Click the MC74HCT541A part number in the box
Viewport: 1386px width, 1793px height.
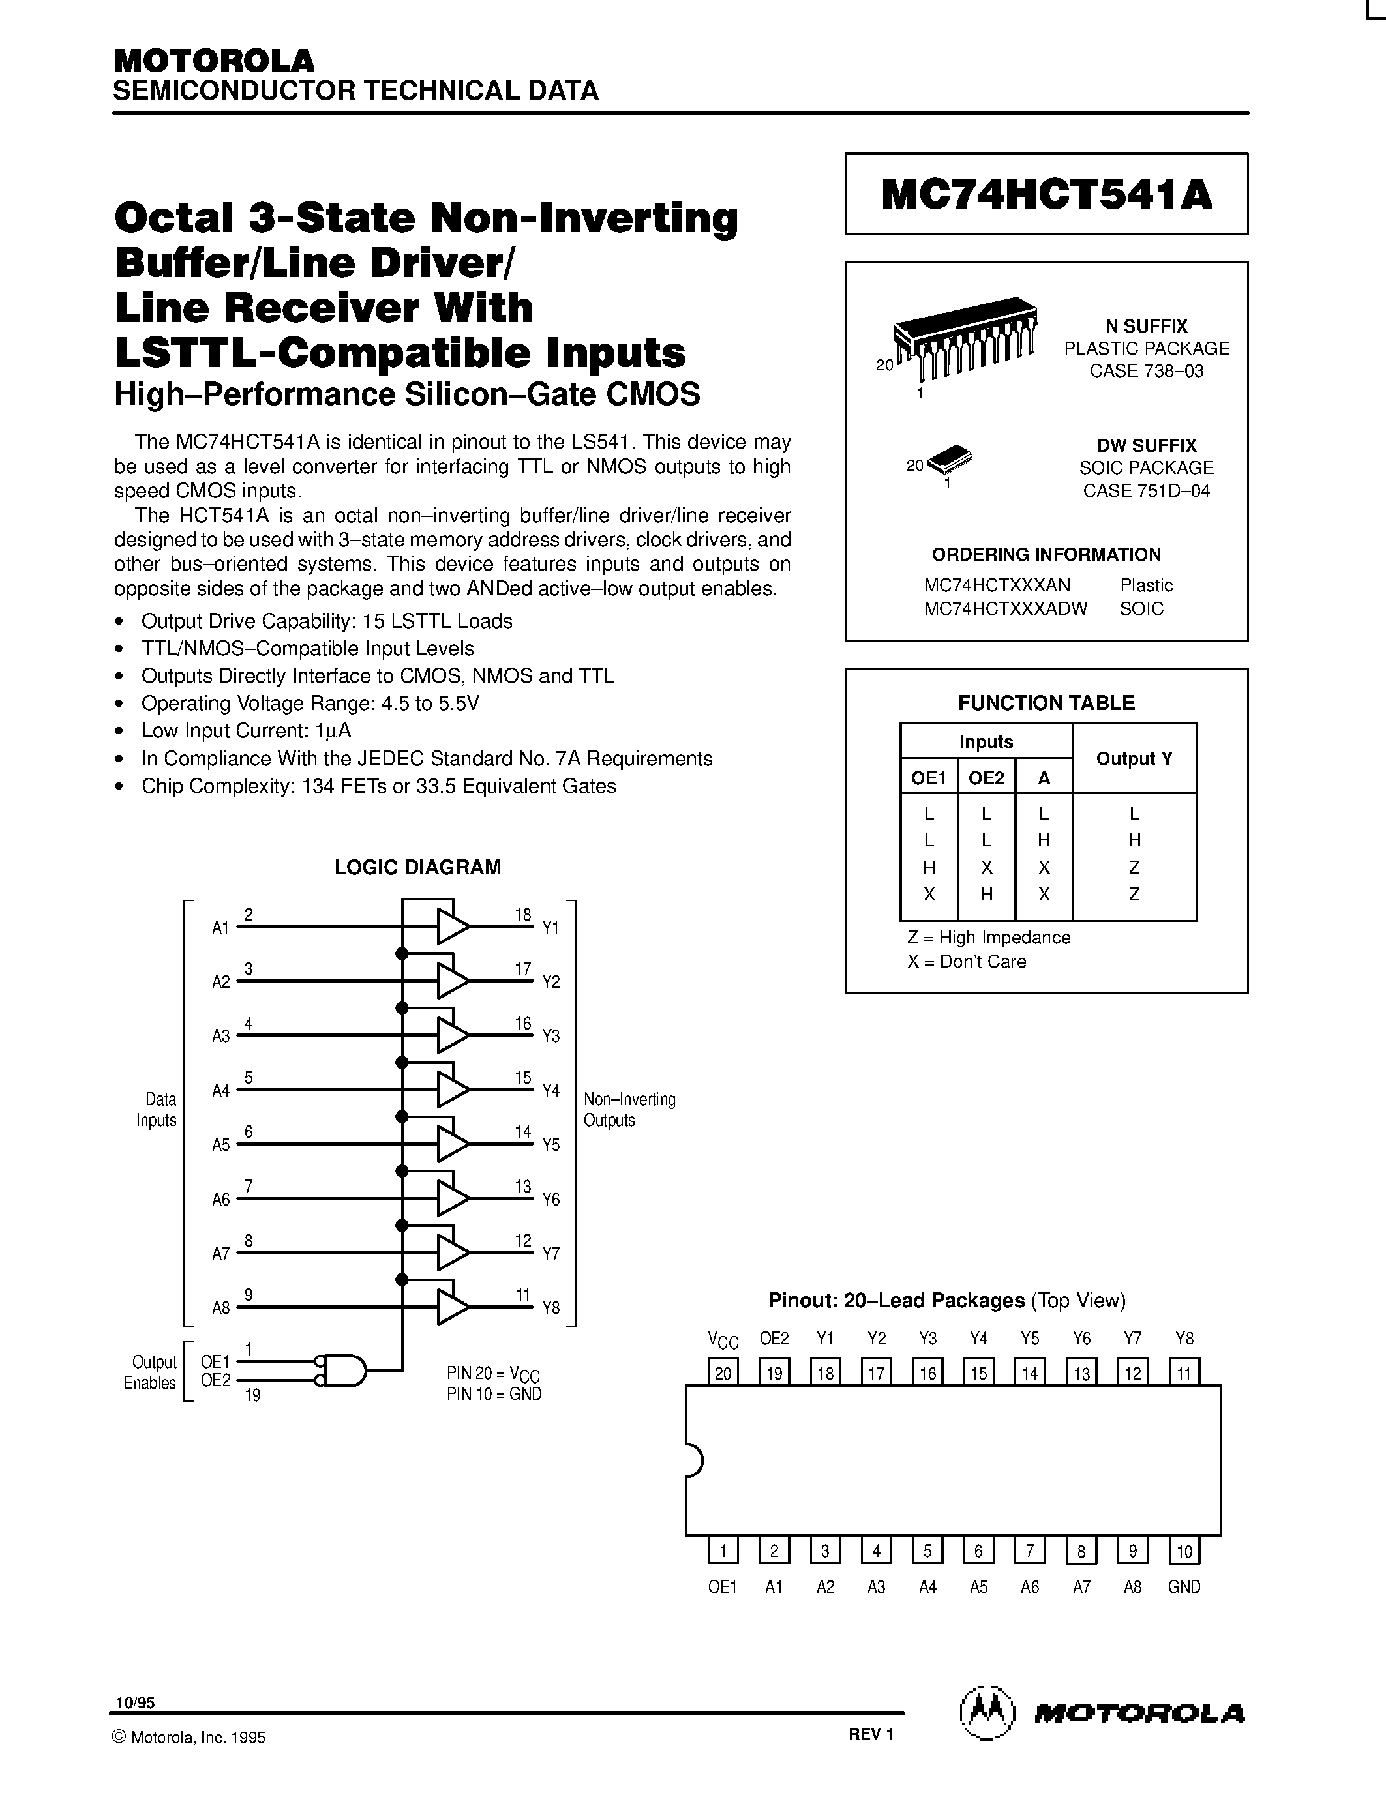point(1046,194)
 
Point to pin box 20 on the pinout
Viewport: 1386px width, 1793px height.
point(723,1372)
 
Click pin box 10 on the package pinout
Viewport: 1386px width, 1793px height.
point(1184,1551)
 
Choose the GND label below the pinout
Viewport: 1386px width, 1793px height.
point(1184,1587)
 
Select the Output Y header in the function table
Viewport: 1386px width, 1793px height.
point(1134,758)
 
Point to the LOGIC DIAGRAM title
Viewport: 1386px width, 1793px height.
point(417,867)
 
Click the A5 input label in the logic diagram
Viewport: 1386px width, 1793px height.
point(221,1144)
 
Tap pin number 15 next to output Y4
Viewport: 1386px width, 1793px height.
point(523,1077)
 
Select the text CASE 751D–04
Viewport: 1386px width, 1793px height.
point(1146,491)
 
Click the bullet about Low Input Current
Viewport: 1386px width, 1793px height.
point(247,731)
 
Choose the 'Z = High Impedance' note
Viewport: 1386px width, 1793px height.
point(989,938)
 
